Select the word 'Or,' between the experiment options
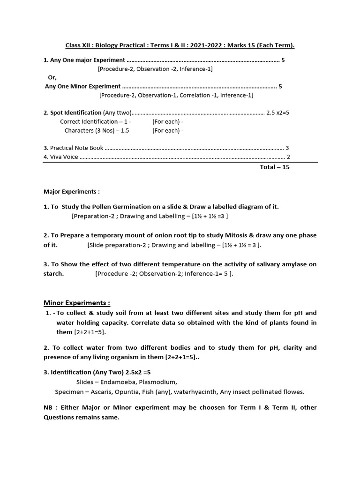coord(52,77)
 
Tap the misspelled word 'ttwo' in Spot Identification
coord(125,113)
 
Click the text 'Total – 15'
coord(275,167)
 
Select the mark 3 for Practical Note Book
coord(287,148)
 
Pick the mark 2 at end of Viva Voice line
coord(288,157)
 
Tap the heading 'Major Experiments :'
coord(72,192)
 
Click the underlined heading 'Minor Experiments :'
coord(77,303)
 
